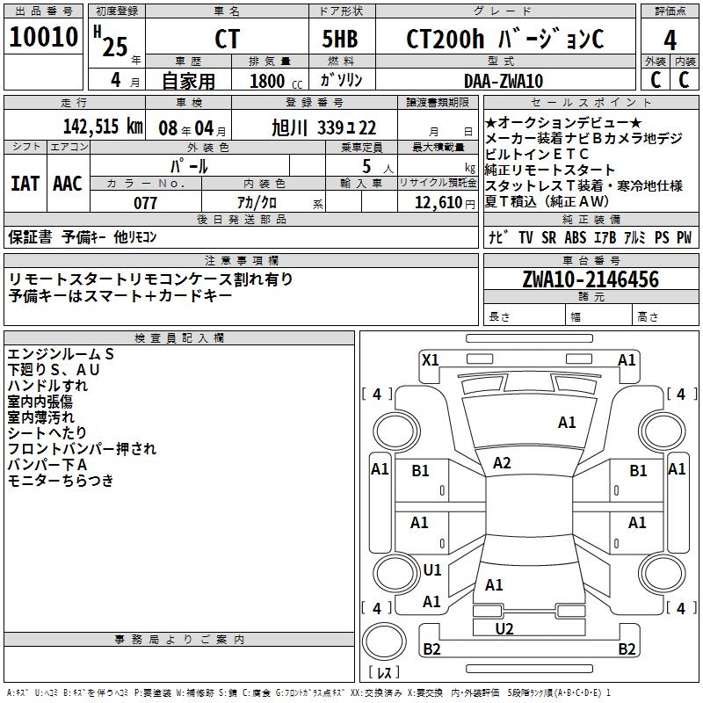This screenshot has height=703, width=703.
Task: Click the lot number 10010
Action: (x=45, y=38)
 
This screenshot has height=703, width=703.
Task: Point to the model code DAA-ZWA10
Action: (x=504, y=81)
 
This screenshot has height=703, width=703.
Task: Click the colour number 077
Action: (x=145, y=203)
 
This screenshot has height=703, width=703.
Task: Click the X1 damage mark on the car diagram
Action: (x=430, y=359)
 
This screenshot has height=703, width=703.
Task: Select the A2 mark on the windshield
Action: (x=502, y=462)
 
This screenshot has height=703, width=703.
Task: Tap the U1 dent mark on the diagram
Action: (x=431, y=570)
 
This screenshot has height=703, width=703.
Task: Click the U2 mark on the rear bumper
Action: (x=504, y=627)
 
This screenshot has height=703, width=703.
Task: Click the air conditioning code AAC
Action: (x=68, y=184)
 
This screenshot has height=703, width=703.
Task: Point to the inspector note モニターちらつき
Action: (x=61, y=481)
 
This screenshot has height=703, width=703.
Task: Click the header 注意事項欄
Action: (x=242, y=261)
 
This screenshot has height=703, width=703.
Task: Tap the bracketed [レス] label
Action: (x=383, y=673)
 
